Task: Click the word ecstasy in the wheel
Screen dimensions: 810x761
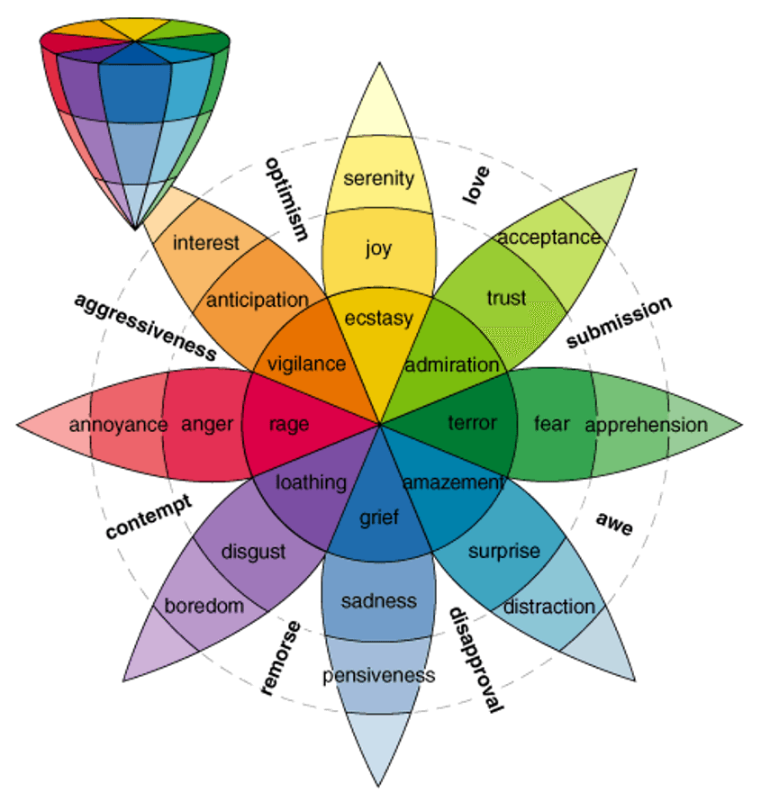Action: click(x=379, y=319)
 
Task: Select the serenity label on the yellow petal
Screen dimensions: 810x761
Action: click(x=379, y=177)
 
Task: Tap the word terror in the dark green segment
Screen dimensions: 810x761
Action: click(x=472, y=422)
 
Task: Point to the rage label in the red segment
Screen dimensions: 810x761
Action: click(x=289, y=424)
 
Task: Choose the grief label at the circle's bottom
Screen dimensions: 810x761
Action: click(x=379, y=517)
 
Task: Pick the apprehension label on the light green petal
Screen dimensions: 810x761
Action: click(x=647, y=425)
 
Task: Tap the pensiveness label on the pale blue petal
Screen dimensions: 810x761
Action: click(x=379, y=675)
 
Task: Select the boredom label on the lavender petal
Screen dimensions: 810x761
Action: click(x=204, y=606)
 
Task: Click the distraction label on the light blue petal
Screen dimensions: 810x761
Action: click(x=549, y=606)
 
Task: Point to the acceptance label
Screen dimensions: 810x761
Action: click(x=548, y=238)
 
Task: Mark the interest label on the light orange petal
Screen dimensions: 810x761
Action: click(x=206, y=243)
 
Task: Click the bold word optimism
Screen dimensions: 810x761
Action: click(x=286, y=199)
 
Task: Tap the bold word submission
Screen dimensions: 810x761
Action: click(x=619, y=321)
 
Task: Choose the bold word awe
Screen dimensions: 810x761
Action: click(x=614, y=524)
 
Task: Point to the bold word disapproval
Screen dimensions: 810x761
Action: click(x=475, y=659)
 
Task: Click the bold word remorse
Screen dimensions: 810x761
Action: click(x=280, y=657)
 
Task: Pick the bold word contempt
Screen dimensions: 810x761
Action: click(x=149, y=517)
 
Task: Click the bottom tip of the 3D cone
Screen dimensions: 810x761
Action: click(x=136, y=227)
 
